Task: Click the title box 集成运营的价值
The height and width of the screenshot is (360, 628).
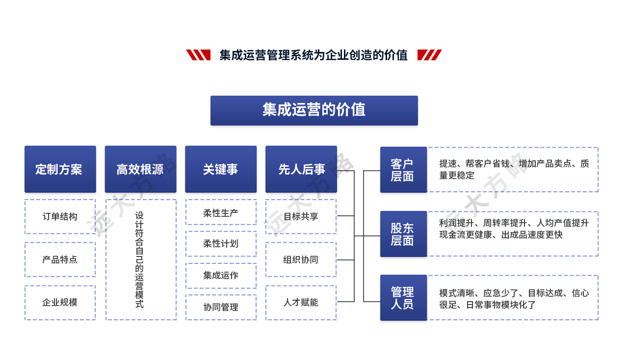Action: [314, 110]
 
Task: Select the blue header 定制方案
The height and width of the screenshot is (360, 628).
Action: [59, 169]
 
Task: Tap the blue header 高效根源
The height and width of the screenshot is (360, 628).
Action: [140, 169]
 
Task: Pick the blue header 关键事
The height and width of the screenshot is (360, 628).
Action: [221, 169]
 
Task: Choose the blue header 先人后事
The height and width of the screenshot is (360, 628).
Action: [301, 169]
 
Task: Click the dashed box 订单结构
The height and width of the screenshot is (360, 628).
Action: [60, 216]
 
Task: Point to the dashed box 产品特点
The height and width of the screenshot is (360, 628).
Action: [60, 259]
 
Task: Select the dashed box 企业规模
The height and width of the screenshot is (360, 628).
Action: [60, 302]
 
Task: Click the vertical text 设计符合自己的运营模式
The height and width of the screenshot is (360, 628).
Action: [140, 259]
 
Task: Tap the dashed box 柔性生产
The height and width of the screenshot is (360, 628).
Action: [221, 213]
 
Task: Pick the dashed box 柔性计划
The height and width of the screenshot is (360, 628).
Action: [221, 244]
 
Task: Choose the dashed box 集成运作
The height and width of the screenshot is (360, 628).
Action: [221, 275]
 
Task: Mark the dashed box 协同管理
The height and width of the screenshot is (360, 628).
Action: [221, 307]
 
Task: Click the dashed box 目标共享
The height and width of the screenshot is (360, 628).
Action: [301, 216]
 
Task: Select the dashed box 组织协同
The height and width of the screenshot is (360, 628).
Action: [301, 259]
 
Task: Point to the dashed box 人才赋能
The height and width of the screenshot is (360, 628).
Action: [301, 302]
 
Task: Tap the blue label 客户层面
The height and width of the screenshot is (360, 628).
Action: [403, 170]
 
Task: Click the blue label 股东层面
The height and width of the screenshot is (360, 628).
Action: [403, 234]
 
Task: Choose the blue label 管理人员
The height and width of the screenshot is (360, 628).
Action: [403, 298]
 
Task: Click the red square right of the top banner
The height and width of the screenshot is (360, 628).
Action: [429, 55]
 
